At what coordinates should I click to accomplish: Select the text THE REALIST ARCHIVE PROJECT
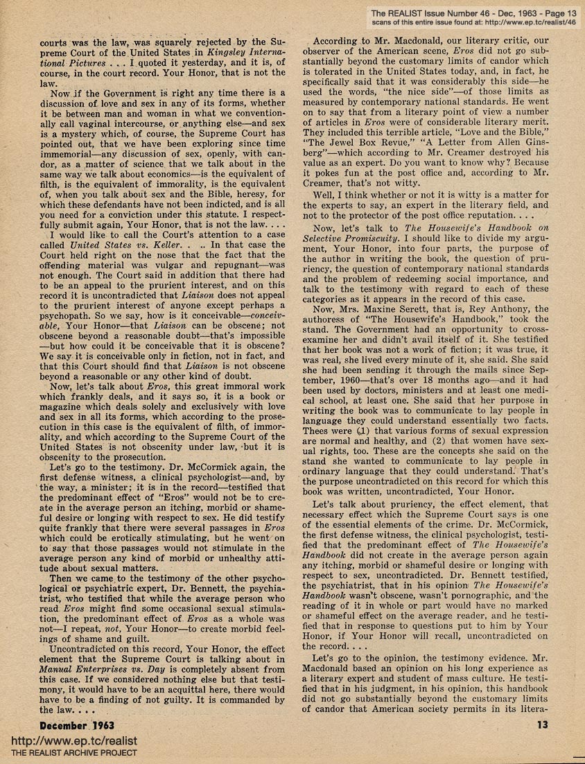coord(69,754)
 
